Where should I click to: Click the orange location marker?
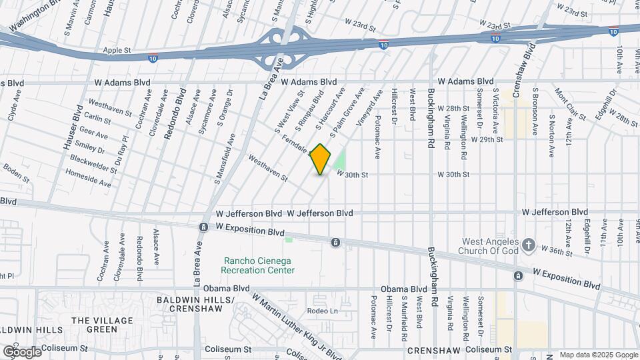[321, 159]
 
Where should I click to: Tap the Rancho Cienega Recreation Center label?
[258, 265]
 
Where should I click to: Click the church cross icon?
[529, 245]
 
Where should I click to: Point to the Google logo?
[21, 351]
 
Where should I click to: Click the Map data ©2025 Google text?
[597, 355]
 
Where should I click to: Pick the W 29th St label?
[487, 140]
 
